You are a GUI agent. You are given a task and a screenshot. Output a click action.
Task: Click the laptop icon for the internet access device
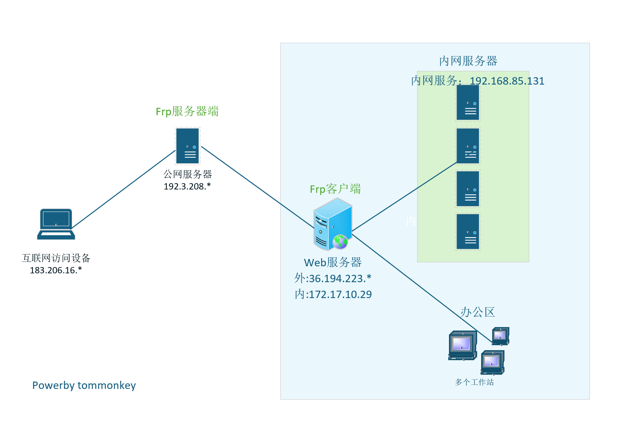coord(56,224)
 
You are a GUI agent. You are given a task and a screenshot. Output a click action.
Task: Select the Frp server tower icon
coord(187,146)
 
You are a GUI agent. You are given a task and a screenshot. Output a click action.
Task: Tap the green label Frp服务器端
coord(187,111)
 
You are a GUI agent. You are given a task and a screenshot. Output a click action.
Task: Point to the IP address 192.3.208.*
coord(187,187)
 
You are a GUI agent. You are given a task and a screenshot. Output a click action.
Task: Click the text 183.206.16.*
coord(56,270)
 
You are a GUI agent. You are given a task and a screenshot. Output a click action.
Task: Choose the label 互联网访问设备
coord(56,258)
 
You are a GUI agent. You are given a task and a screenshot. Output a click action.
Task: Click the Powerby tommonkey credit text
coord(84,385)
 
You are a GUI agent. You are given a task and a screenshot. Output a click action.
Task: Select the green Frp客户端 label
coord(335,189)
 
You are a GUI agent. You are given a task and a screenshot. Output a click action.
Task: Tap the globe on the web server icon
coord(340,242)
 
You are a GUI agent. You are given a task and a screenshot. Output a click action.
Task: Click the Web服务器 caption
coord(332,263)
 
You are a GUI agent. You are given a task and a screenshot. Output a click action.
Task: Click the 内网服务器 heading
coord(468,61)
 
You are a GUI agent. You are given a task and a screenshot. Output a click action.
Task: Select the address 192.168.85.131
coord(507,81)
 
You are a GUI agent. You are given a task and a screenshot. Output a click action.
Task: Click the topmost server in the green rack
coord(468,103)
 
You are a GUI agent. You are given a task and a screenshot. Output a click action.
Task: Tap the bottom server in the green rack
coord(468,232)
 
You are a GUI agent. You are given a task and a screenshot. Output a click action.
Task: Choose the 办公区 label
coord(477,312)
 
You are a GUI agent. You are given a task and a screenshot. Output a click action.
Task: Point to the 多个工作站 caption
coord(474,382)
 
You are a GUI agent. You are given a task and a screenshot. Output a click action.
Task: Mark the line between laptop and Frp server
coord(123,189)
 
